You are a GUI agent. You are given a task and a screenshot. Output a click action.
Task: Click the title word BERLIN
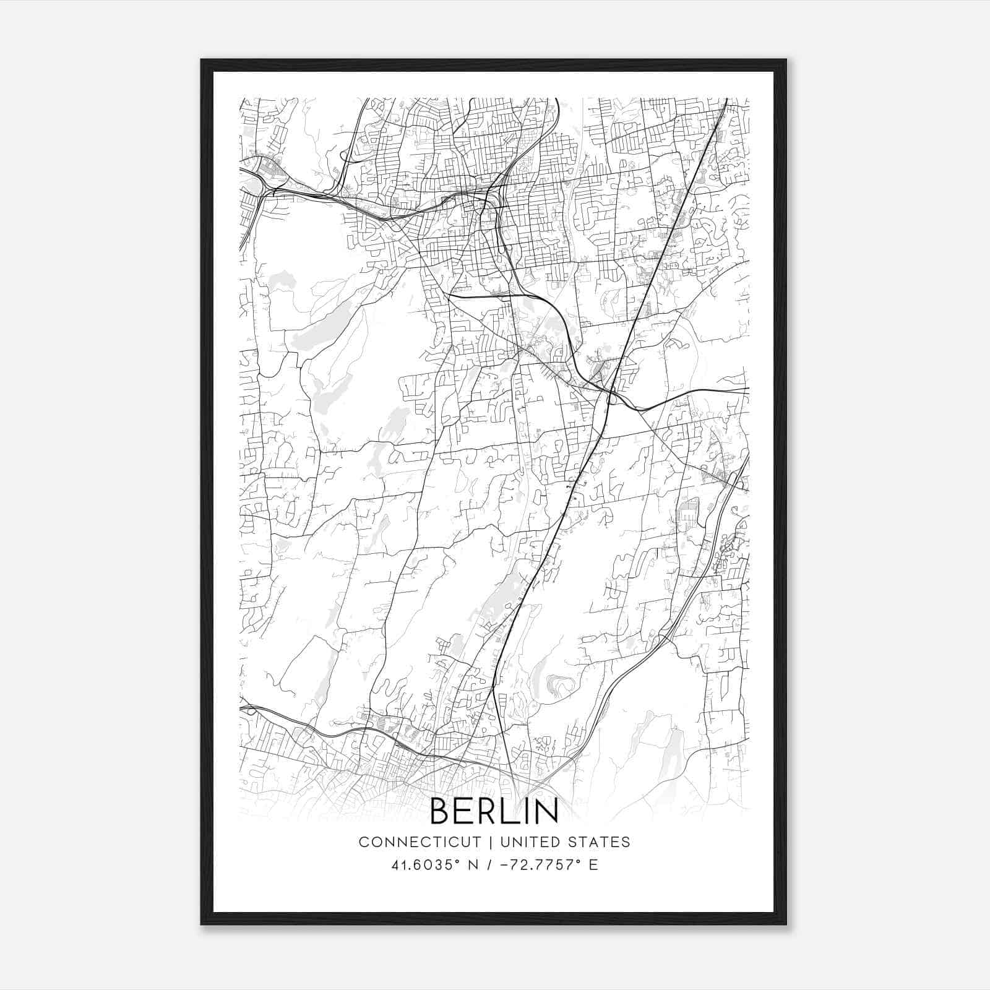point(494,811)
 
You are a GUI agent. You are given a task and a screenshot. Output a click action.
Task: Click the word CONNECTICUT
point(420,842)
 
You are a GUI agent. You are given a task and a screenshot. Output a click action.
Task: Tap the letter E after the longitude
point(593,865)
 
